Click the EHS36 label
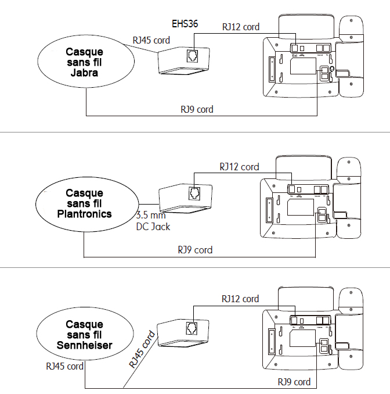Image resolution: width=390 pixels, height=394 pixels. pos(185,25)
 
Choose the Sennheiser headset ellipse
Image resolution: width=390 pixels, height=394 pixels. pos(84,335)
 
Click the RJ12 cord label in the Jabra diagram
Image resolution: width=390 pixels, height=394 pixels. pos(241,27)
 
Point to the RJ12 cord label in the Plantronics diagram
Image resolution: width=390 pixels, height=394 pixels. pos(239,167)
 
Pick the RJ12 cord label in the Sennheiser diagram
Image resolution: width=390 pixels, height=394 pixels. pos(240,299)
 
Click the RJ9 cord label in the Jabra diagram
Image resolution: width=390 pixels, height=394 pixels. pos(196,109)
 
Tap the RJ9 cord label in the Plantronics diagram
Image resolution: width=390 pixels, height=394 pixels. pos(195,250)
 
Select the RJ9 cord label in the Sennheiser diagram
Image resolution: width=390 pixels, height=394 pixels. pos(293,382)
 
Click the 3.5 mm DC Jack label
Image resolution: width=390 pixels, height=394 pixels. pos(153,221)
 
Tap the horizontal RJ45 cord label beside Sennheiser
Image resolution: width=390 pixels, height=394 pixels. pos(64,366)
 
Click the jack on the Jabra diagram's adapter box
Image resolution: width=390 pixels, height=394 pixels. pos(192,56)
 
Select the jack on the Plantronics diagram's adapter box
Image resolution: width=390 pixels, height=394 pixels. pos(194,194)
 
